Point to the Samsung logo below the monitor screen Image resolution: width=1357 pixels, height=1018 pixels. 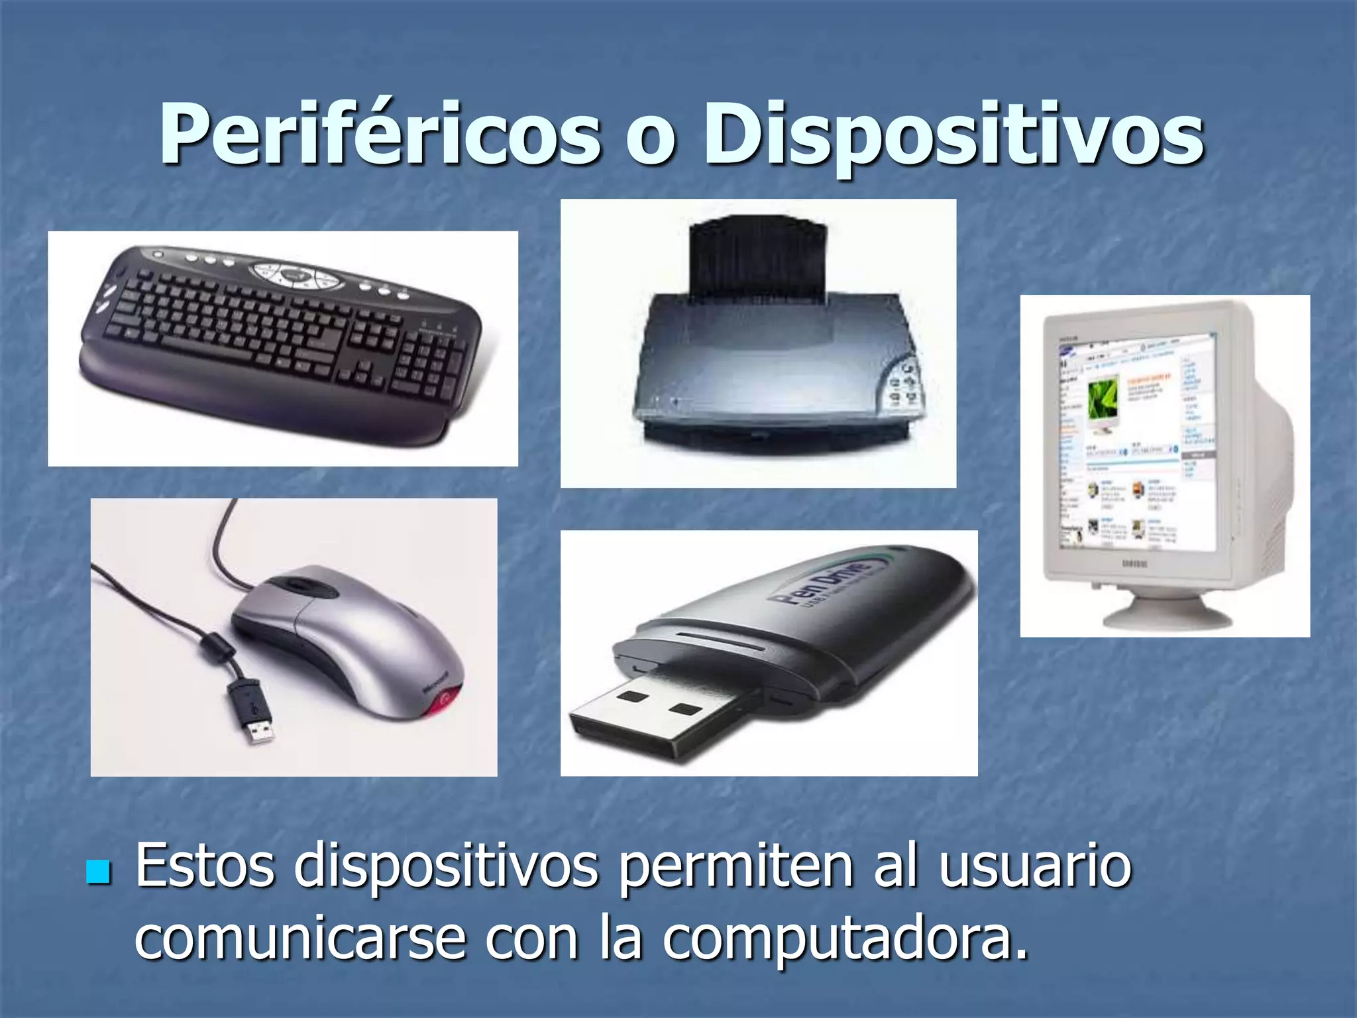1132,563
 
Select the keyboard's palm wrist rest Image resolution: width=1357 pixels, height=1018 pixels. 265,404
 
